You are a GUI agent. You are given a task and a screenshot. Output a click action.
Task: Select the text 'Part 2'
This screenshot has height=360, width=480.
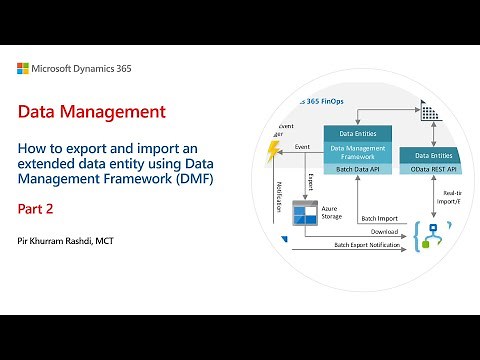point(37,210)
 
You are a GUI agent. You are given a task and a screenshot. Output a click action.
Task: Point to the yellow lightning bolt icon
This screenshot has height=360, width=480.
point(274,151)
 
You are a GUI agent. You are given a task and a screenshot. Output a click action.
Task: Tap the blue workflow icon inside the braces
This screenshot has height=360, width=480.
point(433,236)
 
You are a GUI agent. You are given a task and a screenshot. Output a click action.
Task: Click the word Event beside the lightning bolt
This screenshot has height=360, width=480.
point(302,146)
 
